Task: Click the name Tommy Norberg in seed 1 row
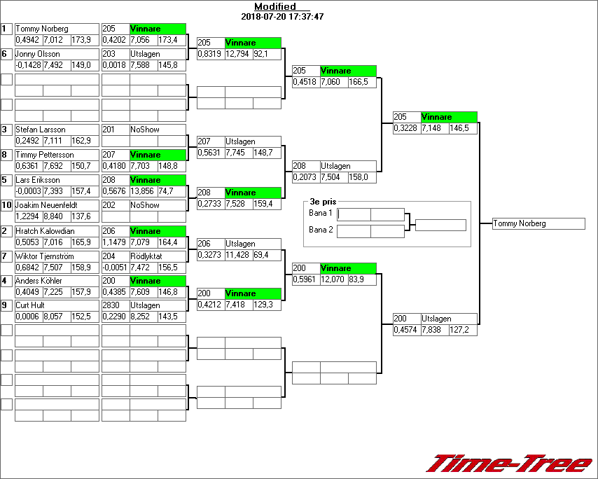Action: (42, 29)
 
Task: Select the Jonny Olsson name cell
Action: (38, 54)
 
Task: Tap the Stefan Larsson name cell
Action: (41, 130)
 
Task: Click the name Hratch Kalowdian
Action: (45, 230)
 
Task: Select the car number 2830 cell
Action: (111, 305)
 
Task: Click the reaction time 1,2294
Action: (28, 216)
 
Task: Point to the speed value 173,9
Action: (81, 40)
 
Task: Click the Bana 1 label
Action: (320, 213)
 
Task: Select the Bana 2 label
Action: (320, 229)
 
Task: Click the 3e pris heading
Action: (324, 201)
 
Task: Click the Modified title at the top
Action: (274, 6)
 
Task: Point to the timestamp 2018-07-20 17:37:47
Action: (281, 16)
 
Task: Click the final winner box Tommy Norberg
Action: (538, 223)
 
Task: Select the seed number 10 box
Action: (6, 205)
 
